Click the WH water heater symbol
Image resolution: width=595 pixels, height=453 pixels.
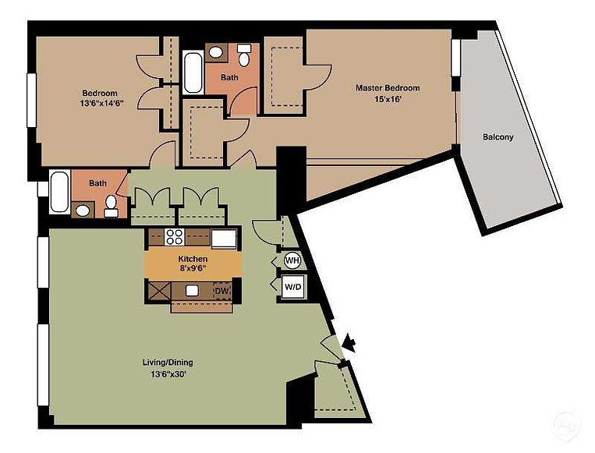point(292,260)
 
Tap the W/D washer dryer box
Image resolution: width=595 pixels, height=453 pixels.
point(293,287)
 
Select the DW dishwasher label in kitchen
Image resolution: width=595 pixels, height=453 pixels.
point(222,291)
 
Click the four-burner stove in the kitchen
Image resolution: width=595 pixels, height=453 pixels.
point(175,237)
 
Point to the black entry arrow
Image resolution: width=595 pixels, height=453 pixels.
point(349,344)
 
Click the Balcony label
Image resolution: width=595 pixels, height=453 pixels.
point(498,136)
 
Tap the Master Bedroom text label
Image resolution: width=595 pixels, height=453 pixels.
point(388,88)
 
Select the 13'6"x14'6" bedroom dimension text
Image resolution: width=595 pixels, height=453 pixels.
point(102,103)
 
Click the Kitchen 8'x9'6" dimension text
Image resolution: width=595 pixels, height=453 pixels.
point(193,268)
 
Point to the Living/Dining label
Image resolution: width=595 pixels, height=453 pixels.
point(168,363)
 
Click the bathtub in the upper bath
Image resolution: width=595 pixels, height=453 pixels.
point(193,73)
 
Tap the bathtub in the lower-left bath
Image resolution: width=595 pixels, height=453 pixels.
point(60,192)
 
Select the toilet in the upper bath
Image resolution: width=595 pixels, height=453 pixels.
point(244,56)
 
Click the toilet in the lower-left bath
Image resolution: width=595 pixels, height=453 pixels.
point(112,207)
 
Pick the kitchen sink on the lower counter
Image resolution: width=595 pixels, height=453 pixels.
point(193,290)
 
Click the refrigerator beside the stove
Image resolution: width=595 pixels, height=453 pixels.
point(224,239)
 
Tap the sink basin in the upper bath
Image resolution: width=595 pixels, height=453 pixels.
point(216,52)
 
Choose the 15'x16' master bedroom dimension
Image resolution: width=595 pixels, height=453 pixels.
point(388,100)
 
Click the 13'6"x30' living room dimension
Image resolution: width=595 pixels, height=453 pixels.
point(168,374)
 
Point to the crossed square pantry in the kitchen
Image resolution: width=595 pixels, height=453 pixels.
point(158,291)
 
